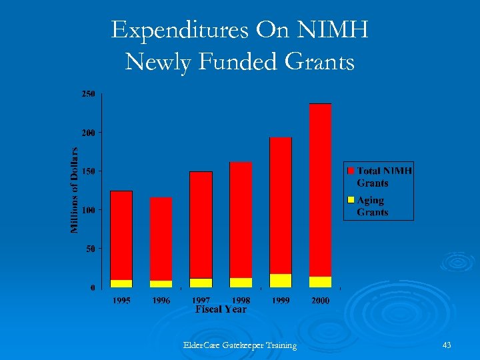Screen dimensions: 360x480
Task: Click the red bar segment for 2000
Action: pyautogui.click(x=320, y=190)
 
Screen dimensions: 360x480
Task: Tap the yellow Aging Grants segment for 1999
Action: pyautogui.click(x=281, y=280)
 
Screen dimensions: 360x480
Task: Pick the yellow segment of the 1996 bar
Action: pyautogui.click(x=161, y=284)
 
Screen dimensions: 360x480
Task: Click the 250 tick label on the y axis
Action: pyautogui.click(x=88, y=95)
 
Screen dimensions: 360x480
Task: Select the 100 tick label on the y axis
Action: pyautogui.click(x=88, y=210)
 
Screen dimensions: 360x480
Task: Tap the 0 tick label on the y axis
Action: pyautogui.click(x=92, y=287)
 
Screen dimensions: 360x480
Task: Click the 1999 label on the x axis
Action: pyautogui.click(x=281, y=301)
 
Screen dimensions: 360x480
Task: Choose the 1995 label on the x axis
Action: pyautogui.click(x=121, y=301)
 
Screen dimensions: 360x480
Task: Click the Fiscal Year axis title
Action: pyautogui.click(x=221, y=309)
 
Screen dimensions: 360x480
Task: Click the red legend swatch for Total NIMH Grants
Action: pyautogui.click(x=351, y=171)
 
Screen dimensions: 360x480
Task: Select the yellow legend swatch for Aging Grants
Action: pyautogui.click(x=351, y=200)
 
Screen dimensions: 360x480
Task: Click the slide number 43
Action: pyautogui.click(x=447, y=345)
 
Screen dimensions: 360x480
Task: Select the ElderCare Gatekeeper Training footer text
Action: pyautogui.click(x=240, y=345)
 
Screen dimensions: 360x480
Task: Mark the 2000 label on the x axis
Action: pyautogui.click(x=320, y=301)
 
